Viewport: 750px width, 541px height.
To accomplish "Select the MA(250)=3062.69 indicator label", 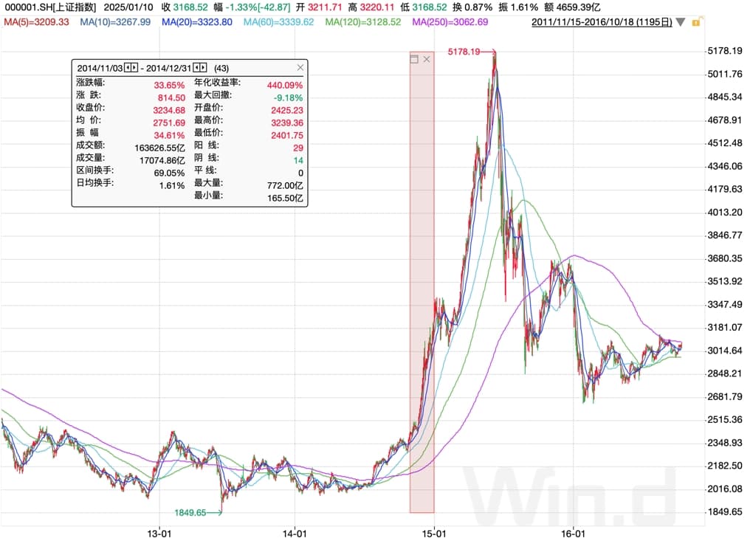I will point(450,22).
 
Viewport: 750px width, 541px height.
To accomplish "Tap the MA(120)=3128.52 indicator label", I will point(364,22).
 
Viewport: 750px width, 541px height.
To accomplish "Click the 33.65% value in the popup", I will point(170,85).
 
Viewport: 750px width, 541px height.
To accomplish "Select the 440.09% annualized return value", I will point(288,85).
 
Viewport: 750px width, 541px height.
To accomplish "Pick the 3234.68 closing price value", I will point(169,110).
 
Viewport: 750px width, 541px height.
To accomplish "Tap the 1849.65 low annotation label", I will point(190,512).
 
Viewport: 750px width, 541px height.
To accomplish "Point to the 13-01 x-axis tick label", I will point(160,532).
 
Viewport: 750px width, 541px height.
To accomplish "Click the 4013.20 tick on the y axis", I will point(724,213).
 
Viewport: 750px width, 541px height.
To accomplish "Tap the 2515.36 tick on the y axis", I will point(724,419).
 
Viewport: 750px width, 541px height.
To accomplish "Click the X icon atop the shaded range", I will point(426,59).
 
